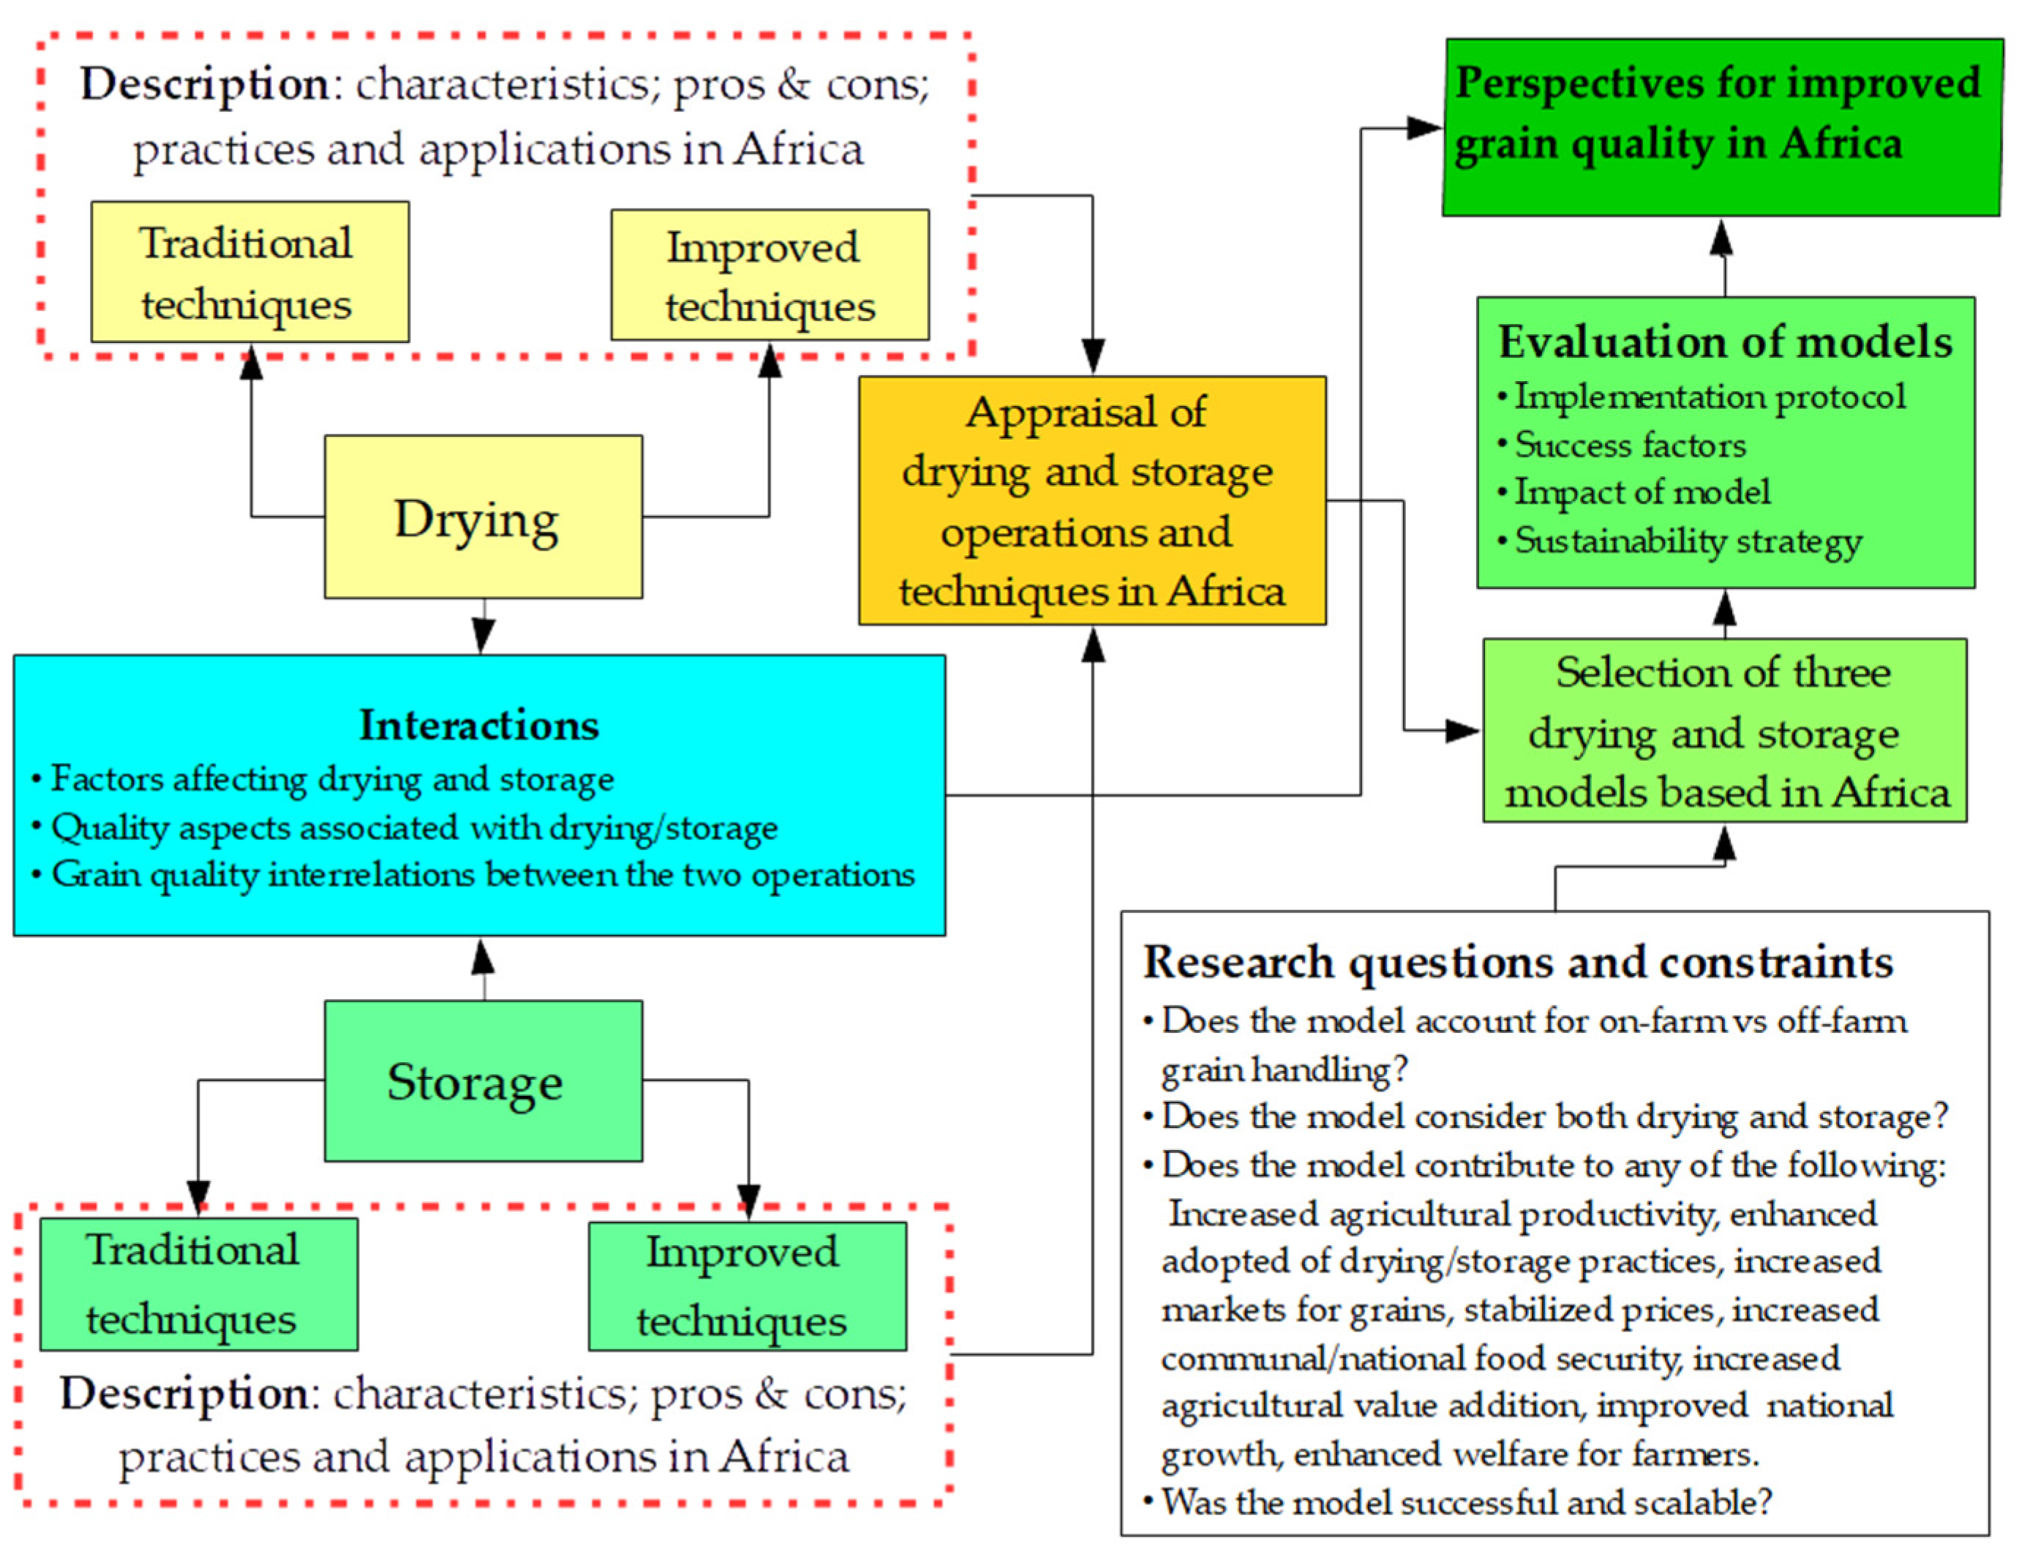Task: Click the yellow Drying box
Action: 482,517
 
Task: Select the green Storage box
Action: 482,1080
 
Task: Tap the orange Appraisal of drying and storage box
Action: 1091,500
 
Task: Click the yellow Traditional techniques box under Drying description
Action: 249,272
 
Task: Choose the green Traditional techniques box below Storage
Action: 198,1283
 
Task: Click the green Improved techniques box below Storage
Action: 747,1286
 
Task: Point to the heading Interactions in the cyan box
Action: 478,725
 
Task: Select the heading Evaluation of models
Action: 1723,342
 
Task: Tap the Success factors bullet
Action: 1629,445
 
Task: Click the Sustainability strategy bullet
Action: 1687,540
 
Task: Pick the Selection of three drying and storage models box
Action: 1723,731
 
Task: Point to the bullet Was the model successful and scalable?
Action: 1465,1502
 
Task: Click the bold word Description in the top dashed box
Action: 204,84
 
